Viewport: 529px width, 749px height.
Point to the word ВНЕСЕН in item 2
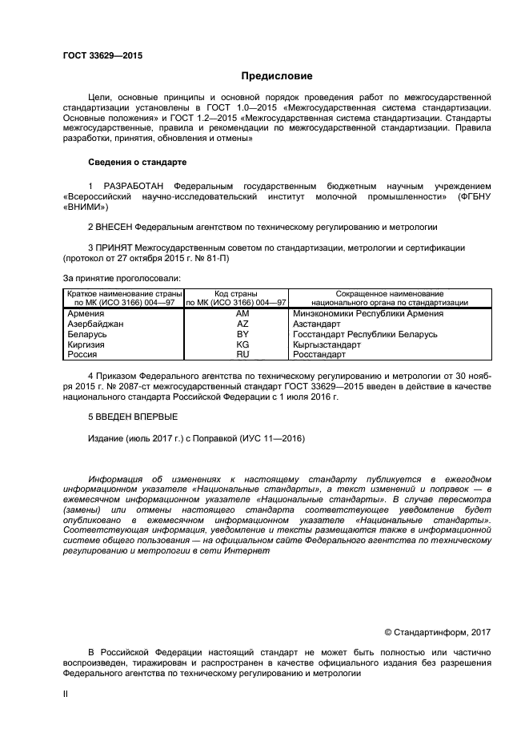point(117,227)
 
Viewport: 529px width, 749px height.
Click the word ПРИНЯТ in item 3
point(116,248)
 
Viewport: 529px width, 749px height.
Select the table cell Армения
point(87,314)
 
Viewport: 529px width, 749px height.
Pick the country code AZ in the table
point(242,324)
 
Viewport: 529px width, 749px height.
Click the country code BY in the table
point(242,334)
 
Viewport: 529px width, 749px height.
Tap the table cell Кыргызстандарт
point(327,344)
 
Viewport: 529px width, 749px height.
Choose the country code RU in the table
point(242,353)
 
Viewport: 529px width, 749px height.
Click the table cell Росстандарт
point(319,353)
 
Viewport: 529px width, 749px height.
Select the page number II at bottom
point(66,695)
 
